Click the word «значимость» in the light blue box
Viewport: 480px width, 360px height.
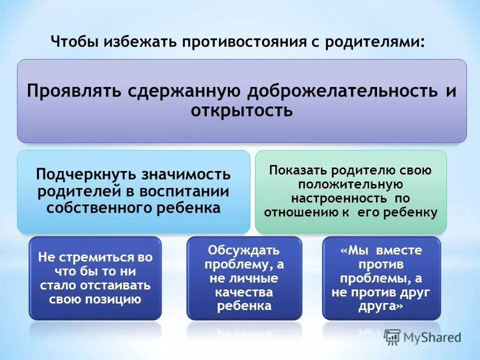186,175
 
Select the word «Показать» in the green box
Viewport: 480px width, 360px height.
292,170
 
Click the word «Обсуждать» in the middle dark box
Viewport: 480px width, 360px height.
244,250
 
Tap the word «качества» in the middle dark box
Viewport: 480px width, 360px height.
244,292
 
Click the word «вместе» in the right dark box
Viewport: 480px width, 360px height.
399,250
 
